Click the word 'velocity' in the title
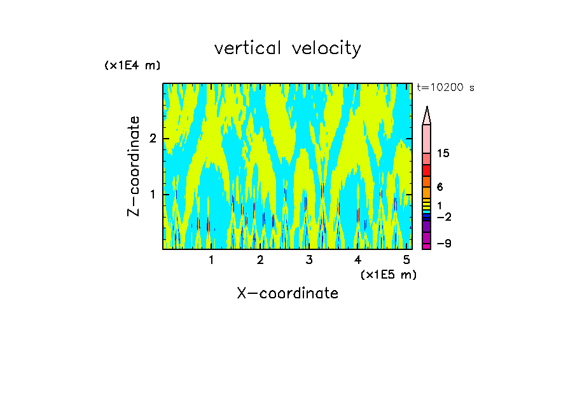(x=328, y=49)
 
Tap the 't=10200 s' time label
(x=445, y=88)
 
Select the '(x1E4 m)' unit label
(x=132, y=66)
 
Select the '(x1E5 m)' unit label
(x=388, y=275)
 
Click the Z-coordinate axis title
(x=134, y=166)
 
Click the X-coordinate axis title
(x=287, y=293)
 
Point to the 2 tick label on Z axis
(x=152, y=139)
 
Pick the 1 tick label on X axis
(x=212, y=260)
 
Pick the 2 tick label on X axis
(x=260, y=260)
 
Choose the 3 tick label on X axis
(x=309, y=260)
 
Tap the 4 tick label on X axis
(x=358, y=260)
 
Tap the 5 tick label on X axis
(x=407, y=260)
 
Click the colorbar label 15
(x=443, y=153)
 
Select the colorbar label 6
(x=440, y=187)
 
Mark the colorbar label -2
(x=443, y=217)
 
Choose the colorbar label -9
(x=443, y=244)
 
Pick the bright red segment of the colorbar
(x=426, y=170)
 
